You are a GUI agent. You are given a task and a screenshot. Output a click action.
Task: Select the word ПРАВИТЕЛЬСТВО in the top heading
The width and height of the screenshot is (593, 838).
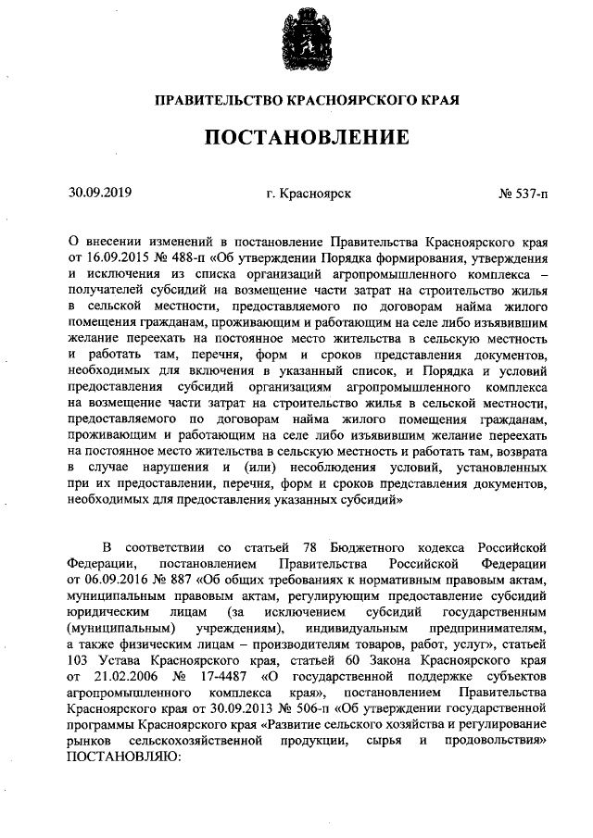(209, 97)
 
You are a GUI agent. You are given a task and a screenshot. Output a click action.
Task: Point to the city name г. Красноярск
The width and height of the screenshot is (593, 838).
(307, 194)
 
